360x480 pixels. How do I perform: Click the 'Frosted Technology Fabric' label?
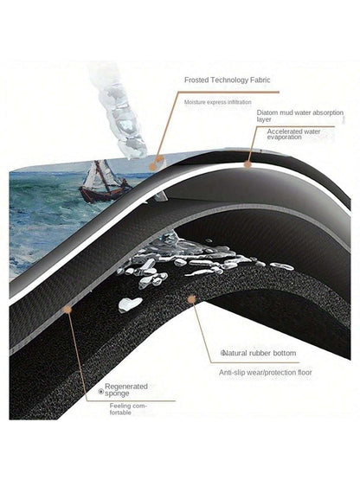(x=228, y=80)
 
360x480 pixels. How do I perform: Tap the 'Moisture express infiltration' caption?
(x=218, y=102)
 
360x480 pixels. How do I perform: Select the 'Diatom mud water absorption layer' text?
(x=300, y=116)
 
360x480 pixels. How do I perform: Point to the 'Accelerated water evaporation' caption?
(x=293, y=134)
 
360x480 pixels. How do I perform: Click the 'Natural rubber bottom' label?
(x=259, y=353)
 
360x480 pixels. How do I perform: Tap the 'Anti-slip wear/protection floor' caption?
(x=266, y=373)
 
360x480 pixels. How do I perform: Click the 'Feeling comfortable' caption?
(x=128, y=409)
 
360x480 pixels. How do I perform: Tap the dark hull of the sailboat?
(x=101, y=194)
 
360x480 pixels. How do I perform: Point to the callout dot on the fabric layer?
(x=152, y=167)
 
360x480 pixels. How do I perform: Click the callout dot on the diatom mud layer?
(x=247, y=164)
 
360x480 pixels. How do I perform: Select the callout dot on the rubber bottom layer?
(x=191, y=299)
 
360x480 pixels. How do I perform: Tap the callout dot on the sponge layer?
(x=67, y=310)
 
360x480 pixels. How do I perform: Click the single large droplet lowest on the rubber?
(x=130, y=304)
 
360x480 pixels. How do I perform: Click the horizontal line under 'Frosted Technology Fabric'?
(x=228, y=92)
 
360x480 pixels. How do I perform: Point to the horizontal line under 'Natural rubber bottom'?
(x=255, y=362)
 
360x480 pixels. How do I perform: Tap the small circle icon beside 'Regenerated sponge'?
(x=100, y=391)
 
